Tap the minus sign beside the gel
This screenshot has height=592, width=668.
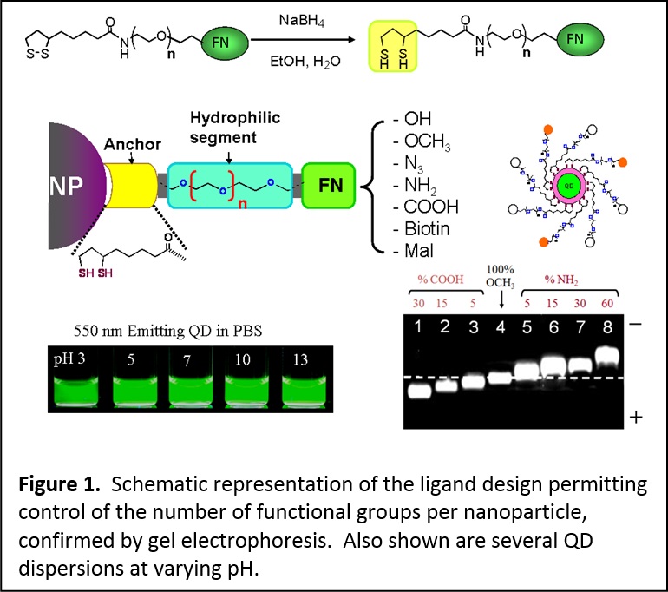pyautogui.click(x=633, y=321)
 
